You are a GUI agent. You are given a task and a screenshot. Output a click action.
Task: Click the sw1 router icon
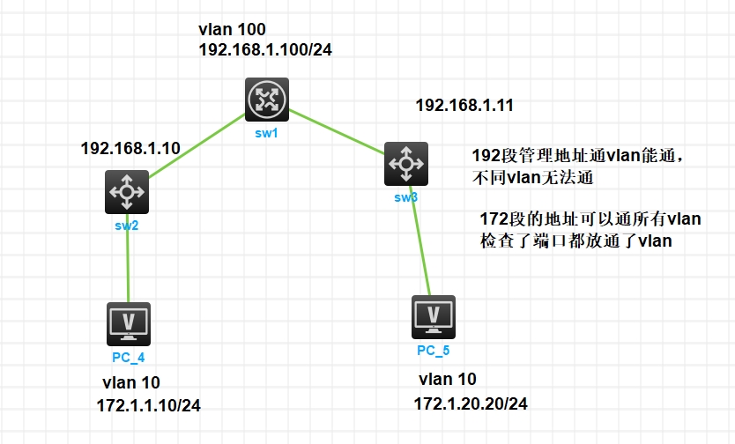tap(268, 99)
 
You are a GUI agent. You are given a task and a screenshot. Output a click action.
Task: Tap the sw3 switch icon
tap(406, 164)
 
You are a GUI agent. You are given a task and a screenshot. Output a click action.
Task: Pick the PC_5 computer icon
tap(434, 317)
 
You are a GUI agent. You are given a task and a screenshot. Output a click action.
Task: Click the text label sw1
tap(267, 134)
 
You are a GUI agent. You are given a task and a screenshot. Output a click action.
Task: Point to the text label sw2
tap(126, 225)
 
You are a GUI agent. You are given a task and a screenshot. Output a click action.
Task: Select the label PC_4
tap(128, 358)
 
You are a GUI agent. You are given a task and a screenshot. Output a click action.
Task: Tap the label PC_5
tap(434, 351)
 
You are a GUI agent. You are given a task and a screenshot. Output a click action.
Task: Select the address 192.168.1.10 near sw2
tap(130, 148)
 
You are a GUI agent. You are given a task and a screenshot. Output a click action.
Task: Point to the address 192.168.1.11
tap(464, 106)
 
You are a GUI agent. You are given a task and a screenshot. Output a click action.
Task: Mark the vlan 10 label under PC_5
tap(448, 380)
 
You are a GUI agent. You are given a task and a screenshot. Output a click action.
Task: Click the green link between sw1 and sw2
tap(197, 144)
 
